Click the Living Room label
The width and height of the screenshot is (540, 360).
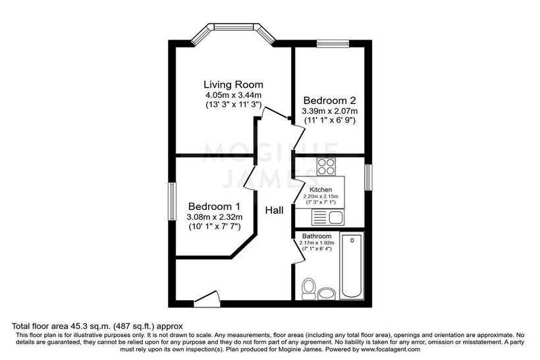233,84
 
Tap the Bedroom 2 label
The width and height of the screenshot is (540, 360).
329,101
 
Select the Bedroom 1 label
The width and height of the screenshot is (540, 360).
214,207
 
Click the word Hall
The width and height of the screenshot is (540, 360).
274,211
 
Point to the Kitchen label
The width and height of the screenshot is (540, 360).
321,190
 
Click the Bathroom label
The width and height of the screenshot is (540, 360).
317,236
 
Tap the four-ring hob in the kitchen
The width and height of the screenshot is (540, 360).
326,167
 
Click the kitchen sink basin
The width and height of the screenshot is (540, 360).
335,217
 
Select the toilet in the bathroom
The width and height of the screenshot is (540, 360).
309,289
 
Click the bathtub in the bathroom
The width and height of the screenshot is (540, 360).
352,266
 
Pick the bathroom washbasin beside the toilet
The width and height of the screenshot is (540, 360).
327,294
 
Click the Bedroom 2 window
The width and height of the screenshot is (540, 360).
333,43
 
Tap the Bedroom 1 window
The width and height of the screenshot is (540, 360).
172,201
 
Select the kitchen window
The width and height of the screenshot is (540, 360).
369,177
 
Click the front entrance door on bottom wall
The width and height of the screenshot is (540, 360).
207,299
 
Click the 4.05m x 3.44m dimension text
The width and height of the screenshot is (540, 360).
233,95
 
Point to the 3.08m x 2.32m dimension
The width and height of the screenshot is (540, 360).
215,217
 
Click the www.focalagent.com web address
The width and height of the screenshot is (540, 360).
391,349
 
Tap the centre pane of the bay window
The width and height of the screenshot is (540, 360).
234,27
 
